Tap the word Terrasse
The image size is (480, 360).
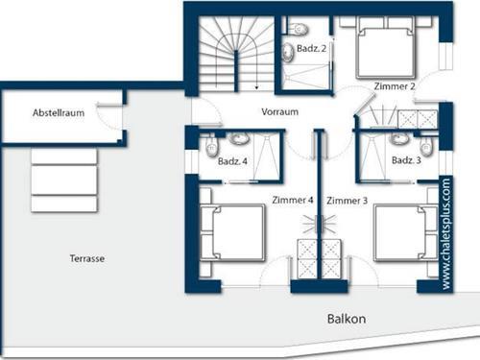pyautogui.click(x=87, y=259)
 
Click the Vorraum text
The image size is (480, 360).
pyautogui.click(x=279, y=111)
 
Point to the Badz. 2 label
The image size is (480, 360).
pyautogui.click(x=311, y=48)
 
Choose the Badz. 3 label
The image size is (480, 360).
pyautogui.click(x=405, y=160)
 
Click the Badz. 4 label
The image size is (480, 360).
pyautogui.click(x=233, y=161)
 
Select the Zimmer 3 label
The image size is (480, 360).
pyautogui.click(x=347, y=200)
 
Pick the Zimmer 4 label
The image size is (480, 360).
pyautogui.click(x=294, y=200)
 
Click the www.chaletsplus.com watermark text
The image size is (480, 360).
pyautogui.click(x=447, y=232)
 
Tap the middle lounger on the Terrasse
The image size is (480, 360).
pyautogui.click(x=63, y=180)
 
